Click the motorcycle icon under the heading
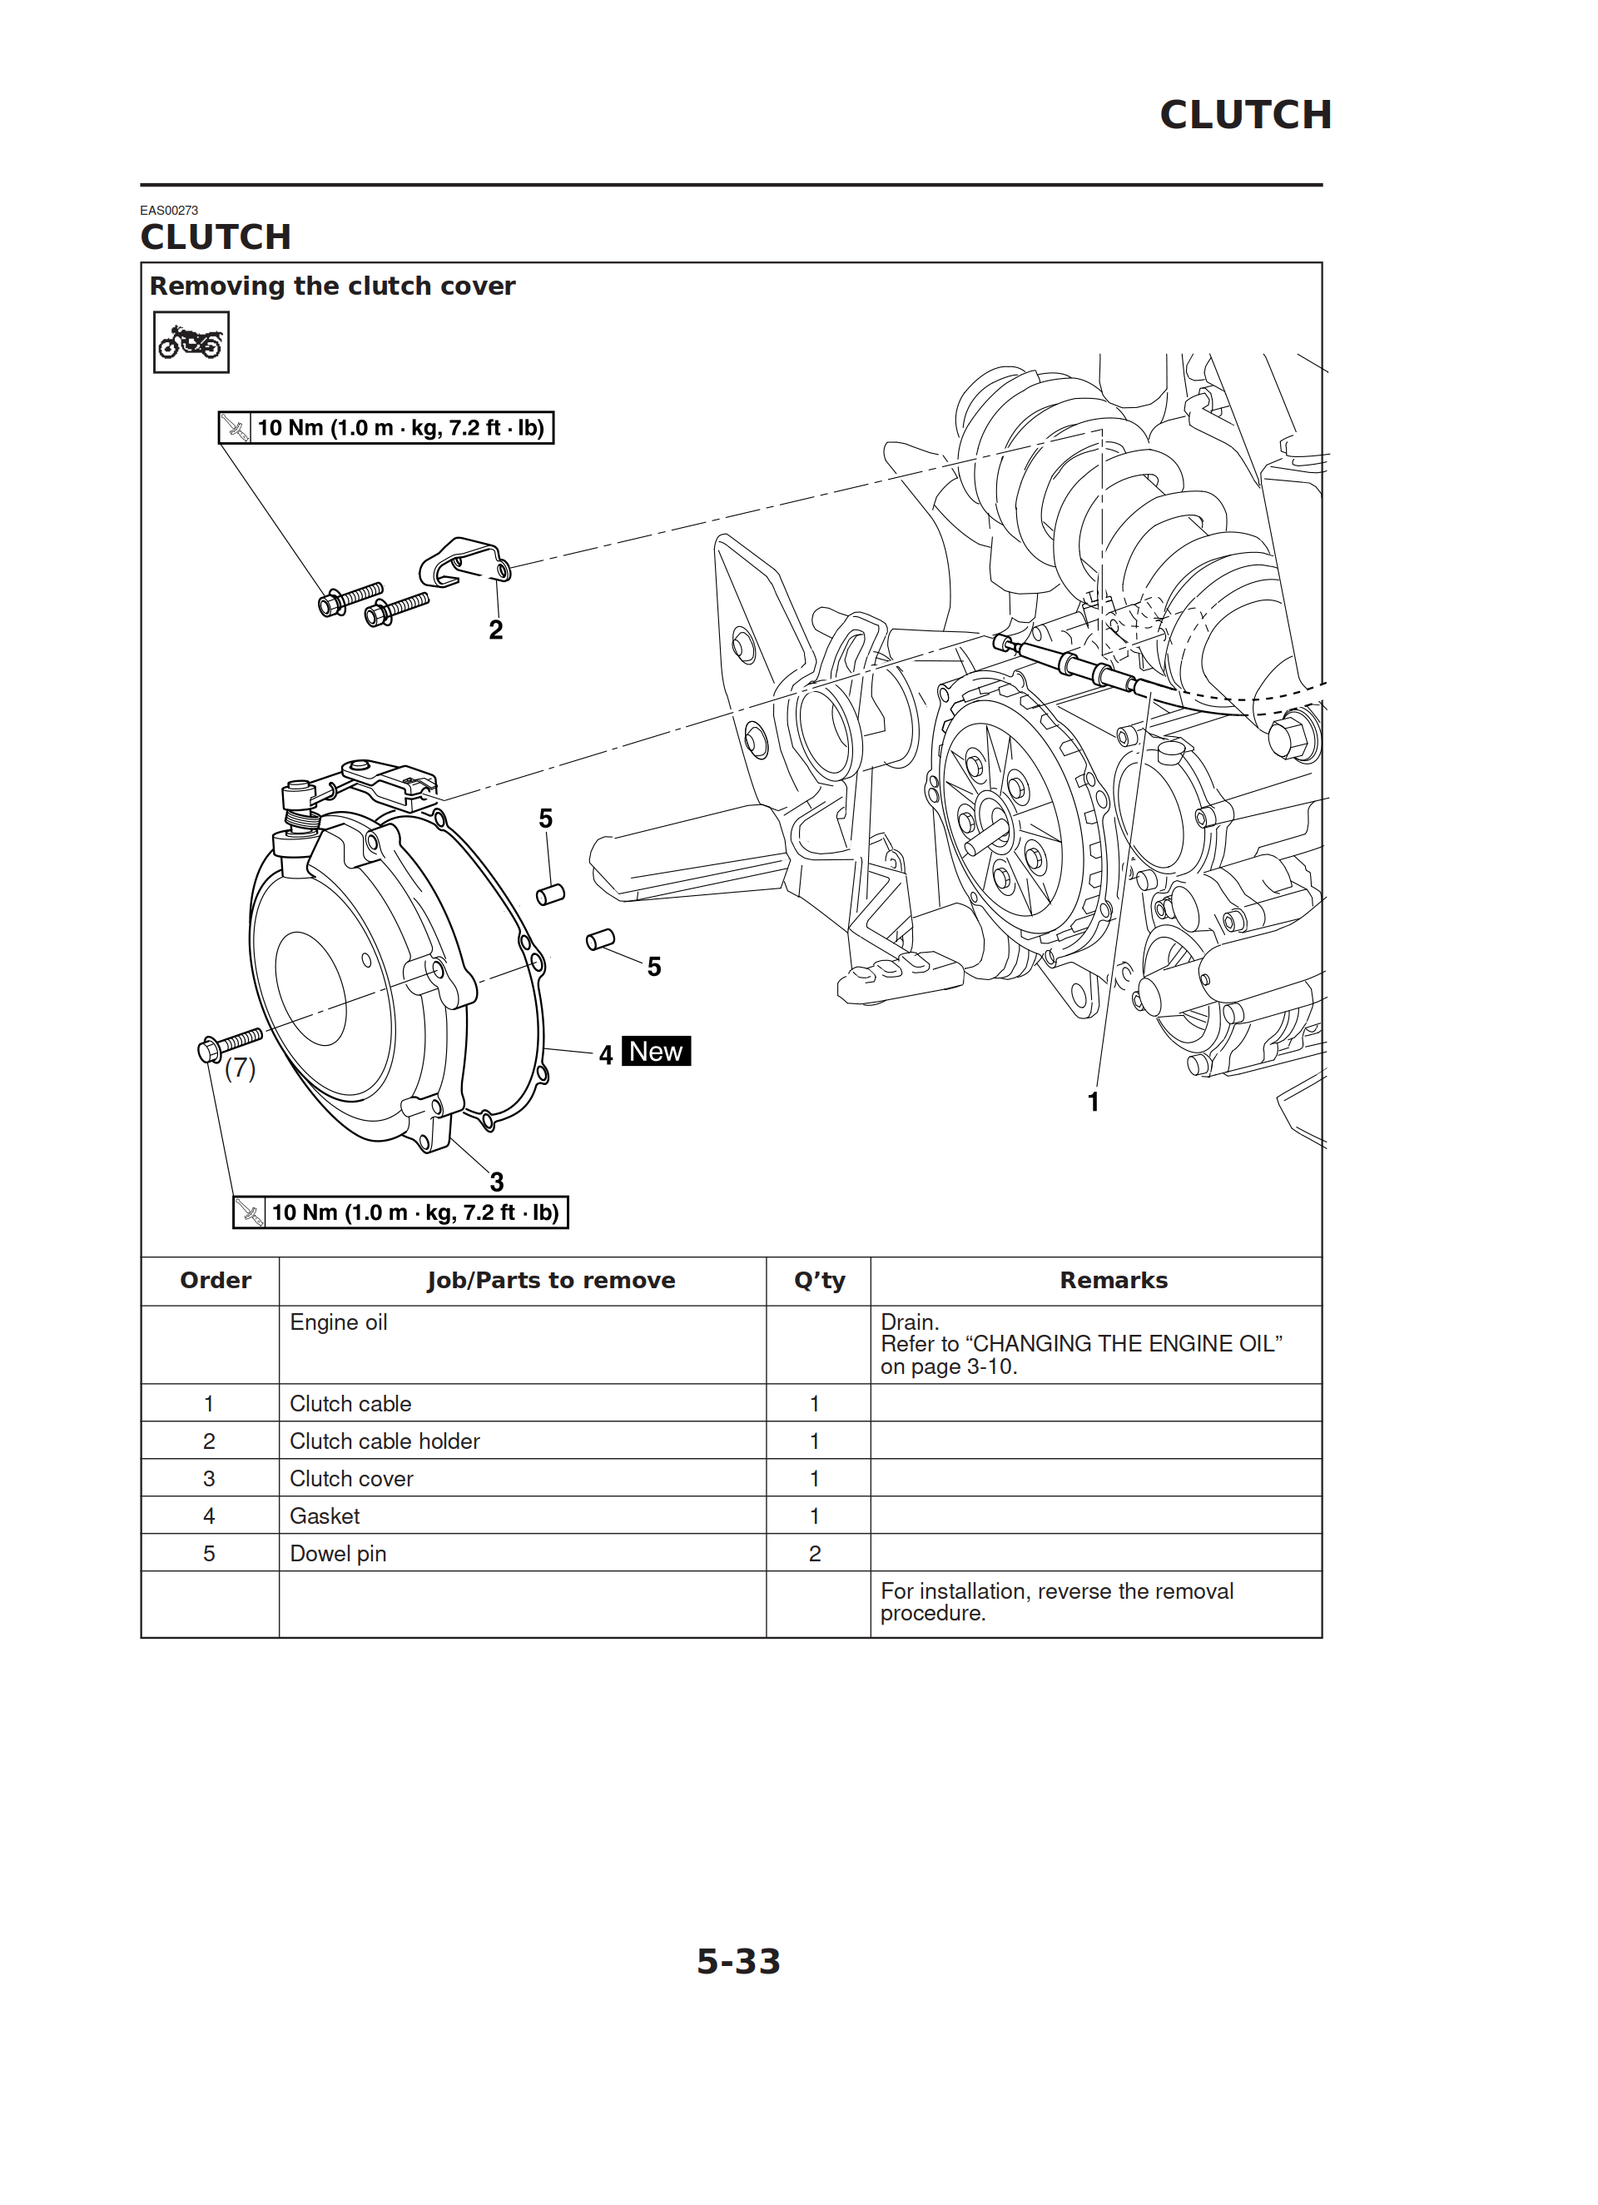click(191, 342)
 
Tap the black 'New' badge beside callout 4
click(655, 1051)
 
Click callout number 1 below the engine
click(1093, 1102)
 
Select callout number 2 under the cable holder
click(496, 630)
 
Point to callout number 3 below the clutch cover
click(497, 1182)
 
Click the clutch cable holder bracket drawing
click(464, 562)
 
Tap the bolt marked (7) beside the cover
click(230, 1044)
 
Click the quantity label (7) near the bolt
click(240, 1068)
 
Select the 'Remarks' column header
click(1113, 1281)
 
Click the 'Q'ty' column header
click(818, 1281)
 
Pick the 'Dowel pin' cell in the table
click(338, 1554)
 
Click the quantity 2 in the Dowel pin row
click(815, 1554)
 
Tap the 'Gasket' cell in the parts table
click(325, 1516)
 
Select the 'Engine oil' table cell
click(338, 1322)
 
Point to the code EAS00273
click(169, 210)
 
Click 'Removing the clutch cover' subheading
click(332, 286)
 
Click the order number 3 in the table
click(209, 1479)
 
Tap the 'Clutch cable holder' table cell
click(385, 1441)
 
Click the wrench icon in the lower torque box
click(250, 1212)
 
